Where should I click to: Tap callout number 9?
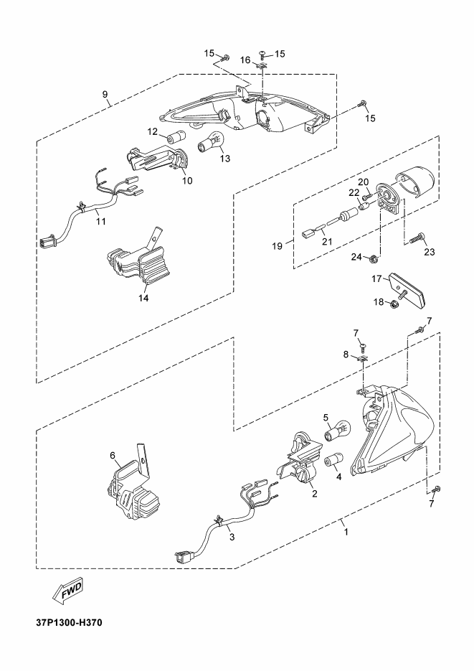tap(105, 95)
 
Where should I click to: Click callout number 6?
tap(113, 455)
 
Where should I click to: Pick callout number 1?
tap(346, 532)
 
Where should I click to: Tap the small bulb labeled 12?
tap(176, 138)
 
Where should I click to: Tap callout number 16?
tap(245, 61)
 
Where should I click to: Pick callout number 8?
tap(346, 355)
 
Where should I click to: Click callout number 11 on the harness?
tap(100, 221)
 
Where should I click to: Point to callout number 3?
tap(231, 537)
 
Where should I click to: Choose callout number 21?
tap(326, 242)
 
